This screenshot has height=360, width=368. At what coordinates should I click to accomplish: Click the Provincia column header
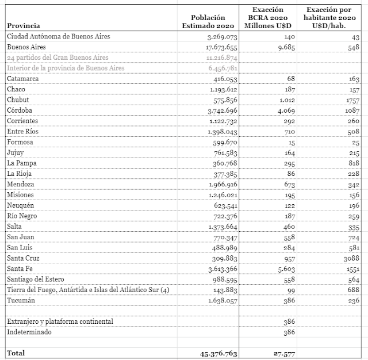click(24, 26)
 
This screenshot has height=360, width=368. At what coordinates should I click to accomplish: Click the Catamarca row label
click(23, 79)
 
